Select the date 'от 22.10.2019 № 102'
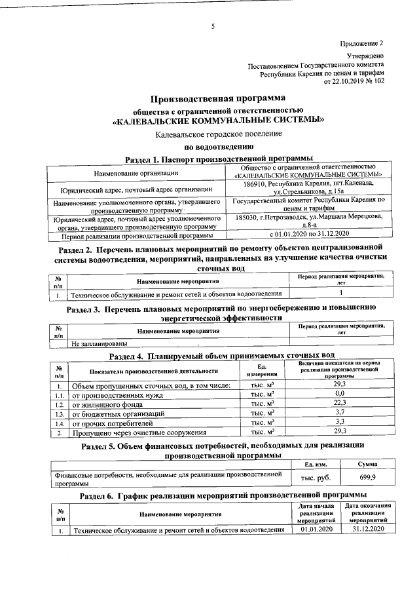(354, 81)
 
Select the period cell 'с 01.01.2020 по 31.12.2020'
(308, 234)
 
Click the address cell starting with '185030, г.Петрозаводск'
(308, 220)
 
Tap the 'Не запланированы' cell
(100, 342)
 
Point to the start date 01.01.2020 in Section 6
(317, 529)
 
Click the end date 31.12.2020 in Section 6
(367, 529)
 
